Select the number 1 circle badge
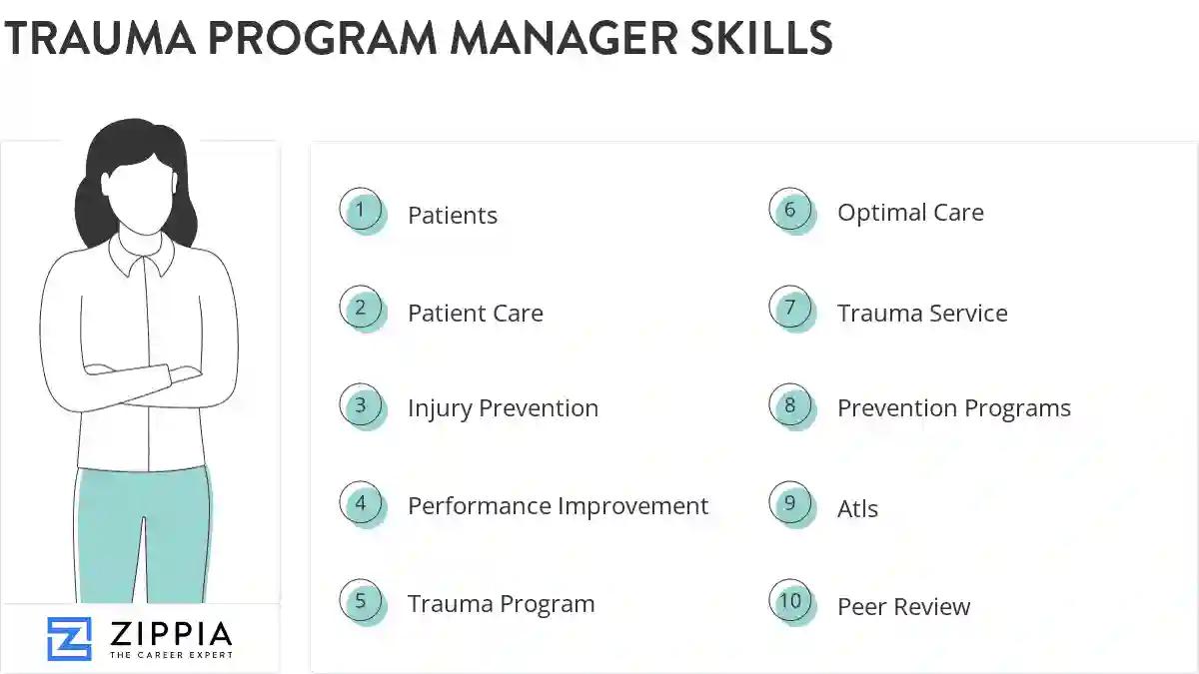[x=361, y=211]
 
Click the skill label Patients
[x=453, y=215]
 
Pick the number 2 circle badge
[x=361, y=309]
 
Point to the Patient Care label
[x=476, y=313]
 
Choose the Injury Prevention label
[x=503, y=407]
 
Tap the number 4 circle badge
[x=361, y=504]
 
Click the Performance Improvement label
[x=558, y=506]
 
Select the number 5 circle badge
[x=361, y=601]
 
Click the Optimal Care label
[x=910, y=213]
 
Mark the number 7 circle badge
[x=790, y=309]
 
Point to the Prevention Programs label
[x=954, y=407]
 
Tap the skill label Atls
[x=857, y=508]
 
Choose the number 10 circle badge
[x=790, y=601]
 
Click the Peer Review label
[x=903, y=606]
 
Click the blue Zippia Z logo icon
[x=69, y=638]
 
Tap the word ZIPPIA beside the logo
[x=171, y=633]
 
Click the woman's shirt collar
[x=141, y=258]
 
